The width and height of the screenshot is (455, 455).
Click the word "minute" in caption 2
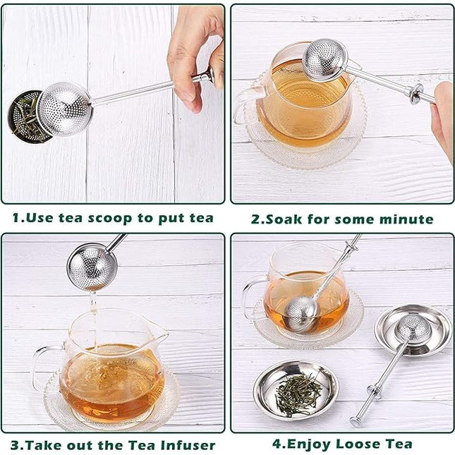point(401,219)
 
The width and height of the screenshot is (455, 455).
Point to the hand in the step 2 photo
point(442,116)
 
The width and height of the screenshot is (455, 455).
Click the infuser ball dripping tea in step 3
point(91,268)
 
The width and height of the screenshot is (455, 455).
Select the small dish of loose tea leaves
point(296,388)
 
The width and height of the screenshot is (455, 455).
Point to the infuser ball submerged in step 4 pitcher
point(301,311)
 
